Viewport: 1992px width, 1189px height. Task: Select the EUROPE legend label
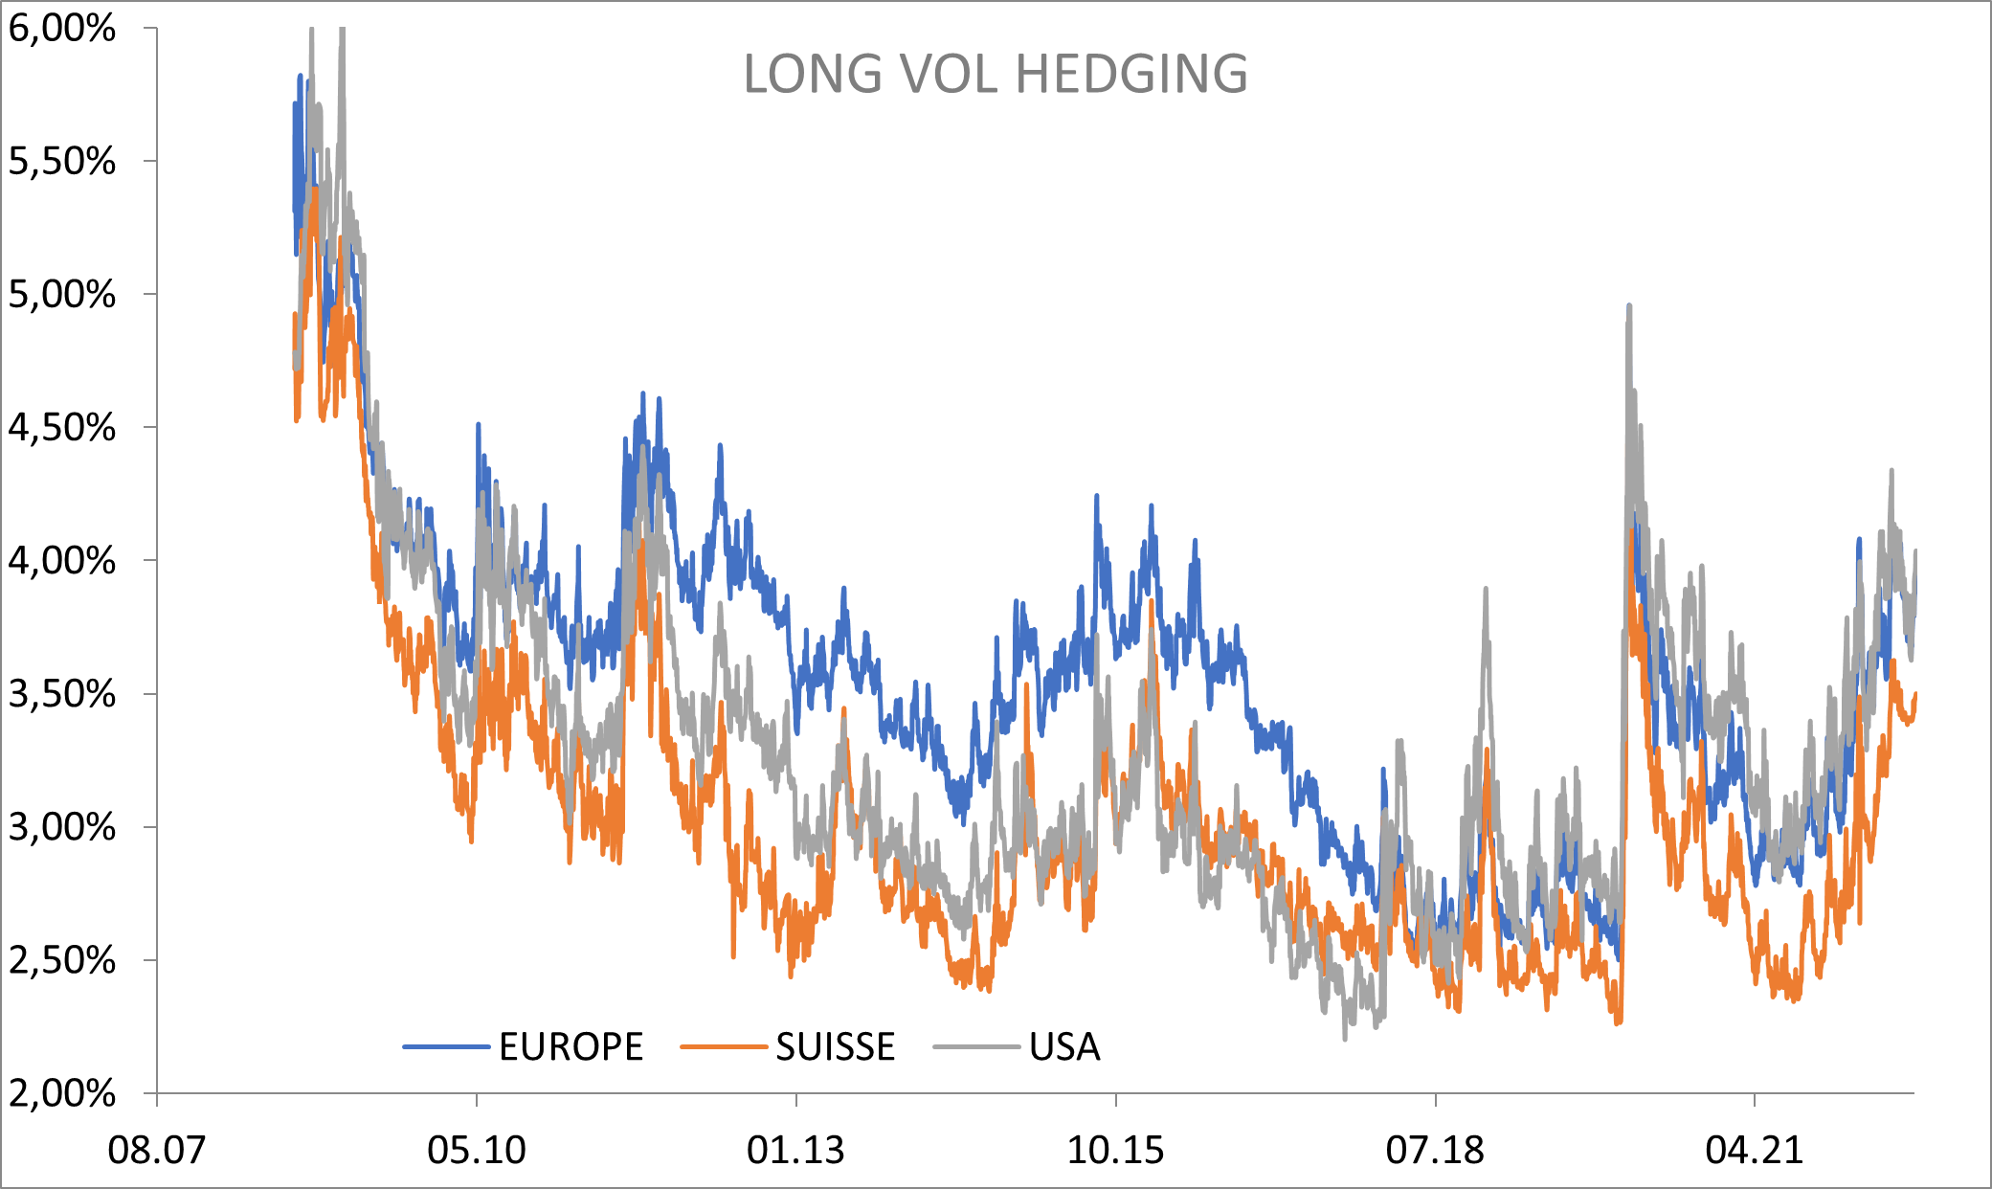tap(571, 1047)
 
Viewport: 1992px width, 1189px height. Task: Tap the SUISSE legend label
tap(835, 1047)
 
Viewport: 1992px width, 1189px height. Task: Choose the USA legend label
tap(1064, 1047)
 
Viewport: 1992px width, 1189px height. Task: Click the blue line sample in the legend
tap(446, 1047)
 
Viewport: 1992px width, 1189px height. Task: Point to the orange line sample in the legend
tap(724, 1047)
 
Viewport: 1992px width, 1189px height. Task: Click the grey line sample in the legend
tap(976, 1047)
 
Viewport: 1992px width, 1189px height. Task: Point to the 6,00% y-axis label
tap(62, 29)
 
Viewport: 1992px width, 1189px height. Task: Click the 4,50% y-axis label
tap(62, 428)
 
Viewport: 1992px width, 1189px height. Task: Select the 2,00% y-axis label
tap(62, 1092)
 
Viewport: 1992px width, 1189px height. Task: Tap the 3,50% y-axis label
tap(62, 694)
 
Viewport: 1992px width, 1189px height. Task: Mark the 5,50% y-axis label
tap(62, 162)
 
